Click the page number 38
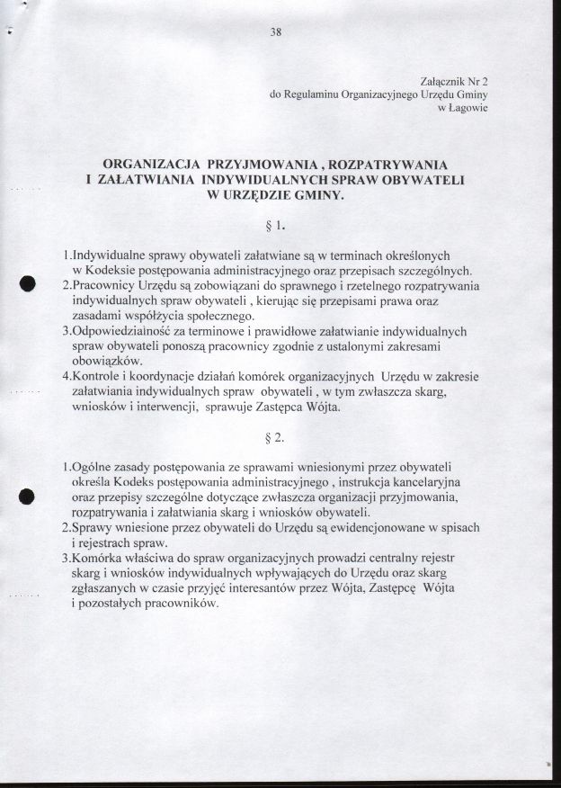pos(276,32)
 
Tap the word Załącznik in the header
pos(442,80)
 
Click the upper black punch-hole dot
pos(27,282)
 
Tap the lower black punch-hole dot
pos(27,496)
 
